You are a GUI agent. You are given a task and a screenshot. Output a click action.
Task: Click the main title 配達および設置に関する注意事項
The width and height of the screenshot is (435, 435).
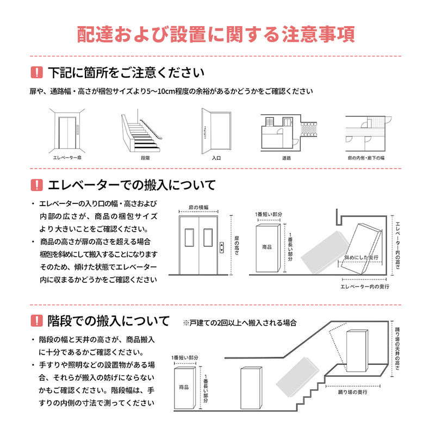coord(217,34)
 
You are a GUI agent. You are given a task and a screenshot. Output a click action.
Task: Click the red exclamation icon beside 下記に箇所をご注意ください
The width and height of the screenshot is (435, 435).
coord(36,72)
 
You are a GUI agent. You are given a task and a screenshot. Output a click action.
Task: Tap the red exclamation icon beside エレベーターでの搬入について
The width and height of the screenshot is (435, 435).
coord(36,185)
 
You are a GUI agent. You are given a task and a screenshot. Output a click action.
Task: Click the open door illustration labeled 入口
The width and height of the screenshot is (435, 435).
coord(216,130)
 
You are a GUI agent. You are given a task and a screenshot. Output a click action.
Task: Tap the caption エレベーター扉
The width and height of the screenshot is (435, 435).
coord(66,158)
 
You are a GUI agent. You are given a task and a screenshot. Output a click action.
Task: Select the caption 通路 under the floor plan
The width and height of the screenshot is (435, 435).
coord(286,158)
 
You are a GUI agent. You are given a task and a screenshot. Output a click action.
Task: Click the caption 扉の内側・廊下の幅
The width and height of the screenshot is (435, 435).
coord(366,158)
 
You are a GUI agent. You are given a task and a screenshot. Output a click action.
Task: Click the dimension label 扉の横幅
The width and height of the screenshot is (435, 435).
coord(199,208)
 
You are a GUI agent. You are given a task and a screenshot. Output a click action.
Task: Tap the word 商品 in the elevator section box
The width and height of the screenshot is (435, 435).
coord(266,246)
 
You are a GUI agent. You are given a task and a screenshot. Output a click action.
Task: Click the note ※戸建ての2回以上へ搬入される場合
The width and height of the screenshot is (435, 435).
coord(240,322)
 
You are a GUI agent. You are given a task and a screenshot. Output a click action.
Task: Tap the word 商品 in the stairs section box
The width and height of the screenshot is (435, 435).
coord(183,387)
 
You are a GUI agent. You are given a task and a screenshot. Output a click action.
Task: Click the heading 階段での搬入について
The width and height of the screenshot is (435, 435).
coord(109,320)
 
